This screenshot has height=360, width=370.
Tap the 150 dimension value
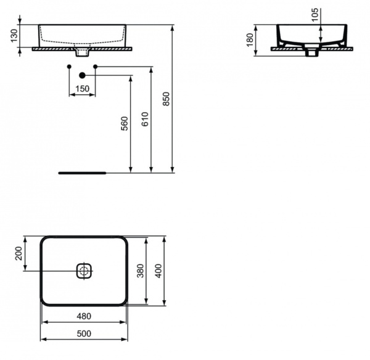click(82, 89)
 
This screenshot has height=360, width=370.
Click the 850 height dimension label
click(166, 99)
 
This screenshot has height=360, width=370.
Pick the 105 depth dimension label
click(316, 15)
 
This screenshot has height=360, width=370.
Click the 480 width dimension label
click(84, 316)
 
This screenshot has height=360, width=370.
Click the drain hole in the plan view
click(84, 270)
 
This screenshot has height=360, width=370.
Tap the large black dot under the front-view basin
click(82, 75)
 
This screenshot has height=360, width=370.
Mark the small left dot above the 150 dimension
click(69, 66)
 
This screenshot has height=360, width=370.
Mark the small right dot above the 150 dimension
click(95, 66)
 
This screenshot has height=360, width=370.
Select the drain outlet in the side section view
click(311, 53)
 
